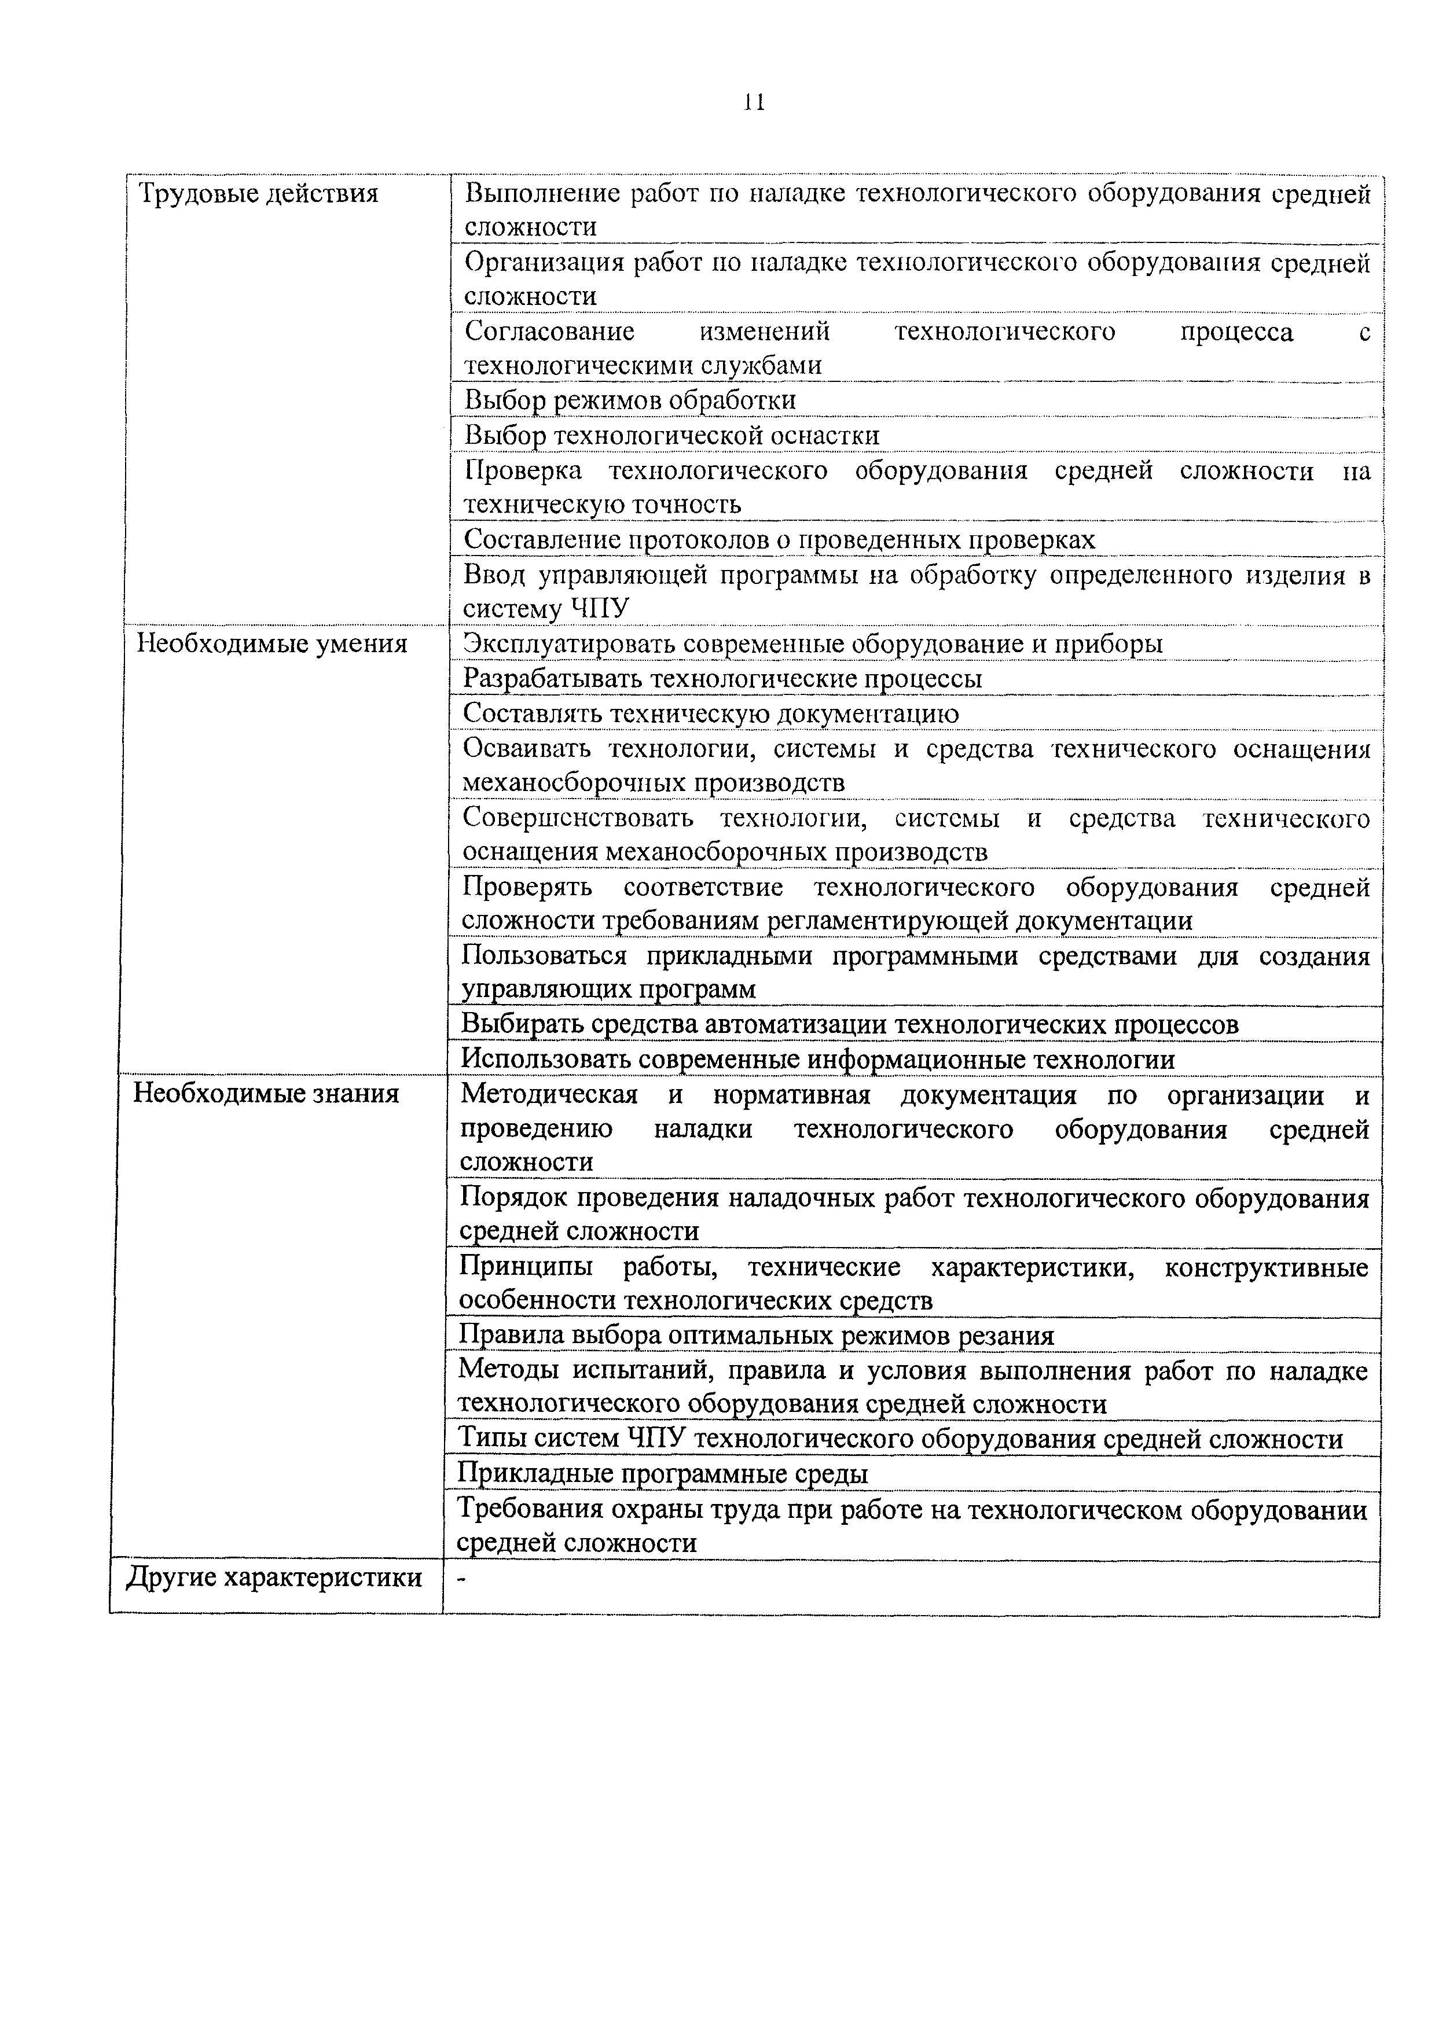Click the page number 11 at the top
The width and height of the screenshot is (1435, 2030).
point(753,102)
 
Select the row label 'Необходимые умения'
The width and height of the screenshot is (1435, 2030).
point(271,643)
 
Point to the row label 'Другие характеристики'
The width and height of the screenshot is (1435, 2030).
point(274,1577)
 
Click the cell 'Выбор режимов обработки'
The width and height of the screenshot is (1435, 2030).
point(630,400)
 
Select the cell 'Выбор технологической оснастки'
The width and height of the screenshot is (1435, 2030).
point(672,435)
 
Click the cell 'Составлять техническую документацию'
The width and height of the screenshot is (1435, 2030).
point(711,712)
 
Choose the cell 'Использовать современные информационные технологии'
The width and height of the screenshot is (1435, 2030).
point(818,1059)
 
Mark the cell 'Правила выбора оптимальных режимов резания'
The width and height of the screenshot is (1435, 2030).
point(756,1335)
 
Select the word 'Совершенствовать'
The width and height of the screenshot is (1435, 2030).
point(578,818)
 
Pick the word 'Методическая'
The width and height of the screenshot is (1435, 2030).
point(549,1095)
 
